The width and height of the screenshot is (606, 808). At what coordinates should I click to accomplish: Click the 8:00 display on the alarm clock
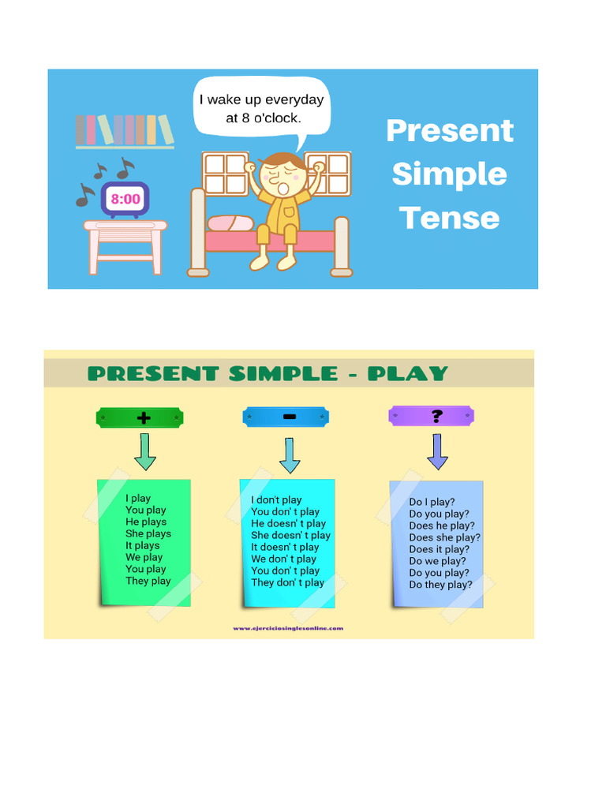tap(125, 199)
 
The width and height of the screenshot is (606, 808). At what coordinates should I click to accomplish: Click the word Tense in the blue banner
tap(449, 218)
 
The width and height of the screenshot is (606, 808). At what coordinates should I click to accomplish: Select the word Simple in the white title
tap(449, 174)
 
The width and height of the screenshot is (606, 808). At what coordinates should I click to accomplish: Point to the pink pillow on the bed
tap(230, 223)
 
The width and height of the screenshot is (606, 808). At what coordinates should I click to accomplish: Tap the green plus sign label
tap(144, 418)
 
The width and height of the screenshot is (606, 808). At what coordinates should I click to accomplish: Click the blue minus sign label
tap(289, 417)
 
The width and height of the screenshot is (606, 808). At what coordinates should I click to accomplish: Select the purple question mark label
tap(436, 416)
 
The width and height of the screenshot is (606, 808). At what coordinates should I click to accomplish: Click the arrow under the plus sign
tap(145, 451)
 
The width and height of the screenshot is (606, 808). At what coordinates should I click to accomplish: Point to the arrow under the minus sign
tap(290, 455)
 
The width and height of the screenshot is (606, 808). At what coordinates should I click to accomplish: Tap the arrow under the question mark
tap(437, 451)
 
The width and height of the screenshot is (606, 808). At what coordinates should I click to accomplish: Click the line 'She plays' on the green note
tap(148, 533)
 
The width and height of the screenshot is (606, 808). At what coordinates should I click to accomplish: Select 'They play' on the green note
tap(148, 581)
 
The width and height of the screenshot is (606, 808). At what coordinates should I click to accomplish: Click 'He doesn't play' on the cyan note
tap(288, 523)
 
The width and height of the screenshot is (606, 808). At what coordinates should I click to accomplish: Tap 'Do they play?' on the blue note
tap(440, 585)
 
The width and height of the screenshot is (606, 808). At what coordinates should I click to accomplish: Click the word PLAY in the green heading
tap(408, 373)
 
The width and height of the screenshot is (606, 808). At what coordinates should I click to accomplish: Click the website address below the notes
tap(288, 628)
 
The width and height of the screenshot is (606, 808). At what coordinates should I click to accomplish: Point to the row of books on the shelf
tap(125, 130)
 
